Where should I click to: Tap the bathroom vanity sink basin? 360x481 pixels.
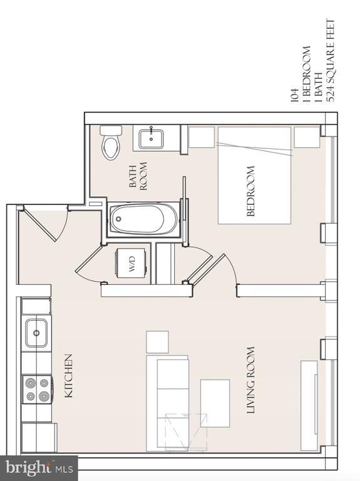pyautogui.click(x=151, y=138)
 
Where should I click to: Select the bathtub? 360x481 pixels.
pyautogui.click(x=143, y=219)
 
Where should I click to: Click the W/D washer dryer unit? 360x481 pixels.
pyautogui.click(x=131, y=263)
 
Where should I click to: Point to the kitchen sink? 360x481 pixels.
pyautogui.click(x=36, y=333)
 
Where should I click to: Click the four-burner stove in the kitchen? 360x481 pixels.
pyautogui.click(x=37, y=390)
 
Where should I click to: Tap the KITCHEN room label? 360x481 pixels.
pyautogui.click(x=68, y=376)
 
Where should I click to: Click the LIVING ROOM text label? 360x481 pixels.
pyautogui.click(x=251, y=380)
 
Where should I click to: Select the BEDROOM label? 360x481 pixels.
pyautogui.click(x=250, y=191)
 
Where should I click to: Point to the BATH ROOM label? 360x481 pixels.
pyautogui.click(x=138, y=176)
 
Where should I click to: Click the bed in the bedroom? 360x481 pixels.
pyautogui.click(x=254, y=175)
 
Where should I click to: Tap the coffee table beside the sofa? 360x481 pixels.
pyautogui.click(x=215, y=403)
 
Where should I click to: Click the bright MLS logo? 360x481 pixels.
pyautogui.click(x=39, y=468)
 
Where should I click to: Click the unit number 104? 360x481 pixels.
pyautogui.click(x=294, y=95)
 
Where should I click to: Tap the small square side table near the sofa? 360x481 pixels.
pyautogui.click(x=157, y=342)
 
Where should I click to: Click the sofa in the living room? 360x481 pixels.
pyautogui.click(x=167, y=403)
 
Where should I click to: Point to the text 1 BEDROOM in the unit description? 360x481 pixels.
pyautogui.click(x=306, y=74)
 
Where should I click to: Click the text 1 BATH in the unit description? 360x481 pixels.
pyautogui.click(x=318, y=87)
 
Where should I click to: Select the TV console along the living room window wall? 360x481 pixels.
pyautogui.click(x=309, y=406)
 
